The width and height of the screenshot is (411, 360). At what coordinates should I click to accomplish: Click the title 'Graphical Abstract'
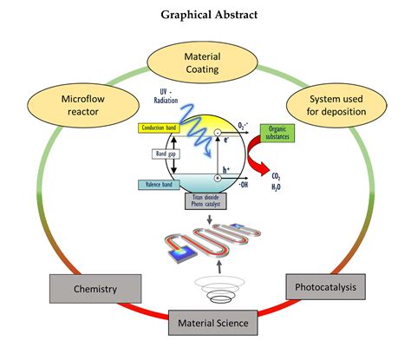[x=205, y=15]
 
